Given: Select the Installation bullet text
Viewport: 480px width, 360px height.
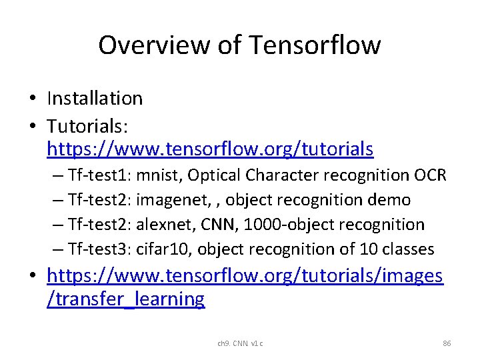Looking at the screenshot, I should [95, 99].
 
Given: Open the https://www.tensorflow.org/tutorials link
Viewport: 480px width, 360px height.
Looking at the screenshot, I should [210, 149].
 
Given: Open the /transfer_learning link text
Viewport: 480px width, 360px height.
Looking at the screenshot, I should [126, 299].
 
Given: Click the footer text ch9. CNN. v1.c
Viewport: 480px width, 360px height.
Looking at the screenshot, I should [240, 343].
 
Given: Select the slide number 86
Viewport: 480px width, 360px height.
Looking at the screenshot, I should [447, 343].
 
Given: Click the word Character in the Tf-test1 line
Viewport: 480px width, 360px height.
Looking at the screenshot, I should [281, 175].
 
